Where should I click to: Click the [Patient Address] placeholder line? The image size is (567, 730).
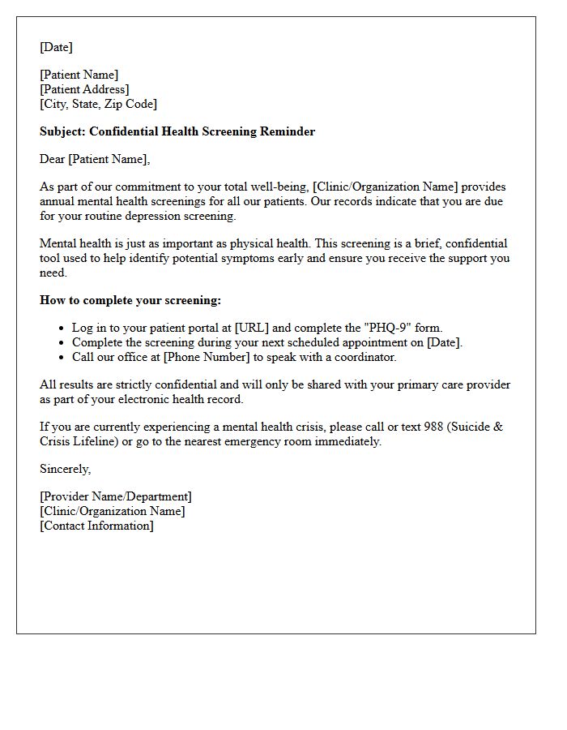pos(84,89)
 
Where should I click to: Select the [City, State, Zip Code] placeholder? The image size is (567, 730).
pos(98,104)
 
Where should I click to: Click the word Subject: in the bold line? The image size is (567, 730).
pos(62,131)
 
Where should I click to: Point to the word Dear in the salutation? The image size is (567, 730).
pos(53,159)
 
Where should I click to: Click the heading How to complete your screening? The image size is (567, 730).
pos(130,300)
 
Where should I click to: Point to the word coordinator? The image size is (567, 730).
pos(363,357)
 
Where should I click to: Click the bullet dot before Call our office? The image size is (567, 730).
pos(62,357)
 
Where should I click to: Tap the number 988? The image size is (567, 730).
pos(433,427)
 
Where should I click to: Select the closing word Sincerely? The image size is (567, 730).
pos(66,469)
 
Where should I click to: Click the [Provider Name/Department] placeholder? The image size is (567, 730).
pos(116,496)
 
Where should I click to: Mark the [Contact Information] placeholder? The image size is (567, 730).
pos(96,526)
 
